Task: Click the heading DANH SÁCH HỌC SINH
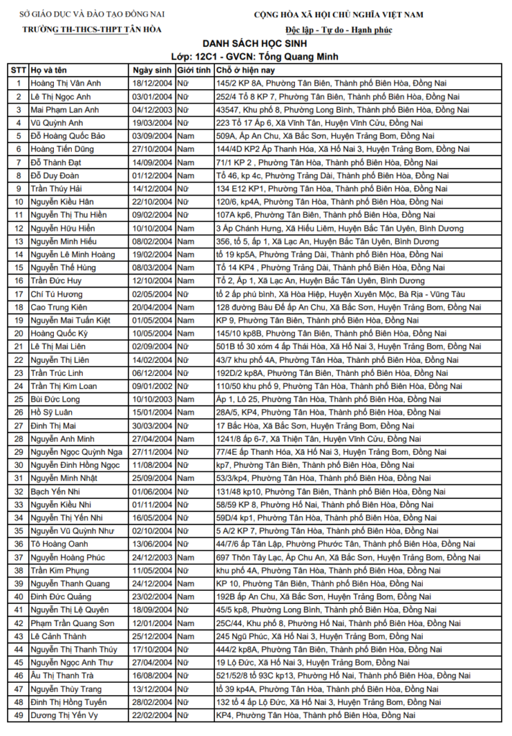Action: tap(256, 43)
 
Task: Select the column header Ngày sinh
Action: tap(152, 70)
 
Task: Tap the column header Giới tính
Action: tap(194, 70)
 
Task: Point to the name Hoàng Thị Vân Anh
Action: tap(65, 83)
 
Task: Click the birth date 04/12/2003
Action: tap(152, 110)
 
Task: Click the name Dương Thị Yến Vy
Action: tap(65, 715)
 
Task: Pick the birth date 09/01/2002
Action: tap(152, 386)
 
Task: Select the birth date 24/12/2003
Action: tap(152, 557)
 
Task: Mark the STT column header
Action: tap(18, 70)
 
